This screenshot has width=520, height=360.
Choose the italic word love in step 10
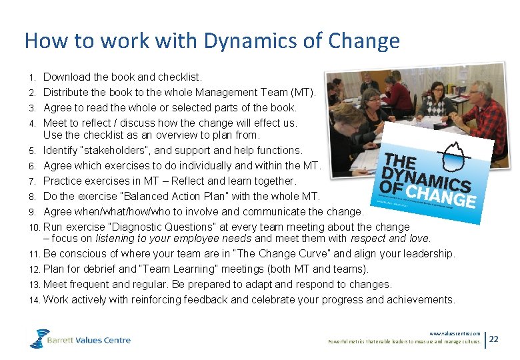(x=418, y=238)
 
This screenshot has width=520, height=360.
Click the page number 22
(x=493, y=339)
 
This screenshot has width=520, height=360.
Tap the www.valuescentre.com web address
(x=455, y=333)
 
